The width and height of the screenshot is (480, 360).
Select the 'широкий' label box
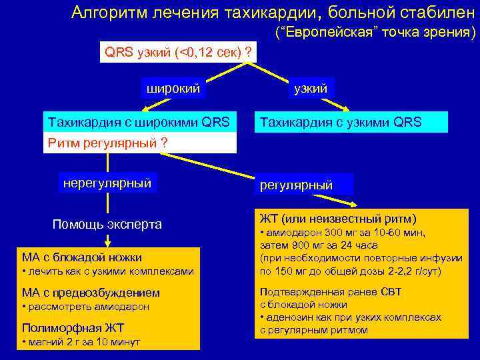click(173, 88)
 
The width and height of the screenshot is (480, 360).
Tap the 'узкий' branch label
click(311, 88)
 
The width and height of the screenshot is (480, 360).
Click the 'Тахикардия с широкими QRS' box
click(139, 122)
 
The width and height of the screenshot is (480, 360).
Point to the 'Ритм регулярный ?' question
click(107, 143)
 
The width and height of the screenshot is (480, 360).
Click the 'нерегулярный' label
click(107, 183)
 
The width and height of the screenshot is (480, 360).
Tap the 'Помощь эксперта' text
click(107, 224)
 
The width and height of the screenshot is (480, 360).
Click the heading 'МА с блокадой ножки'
click(82, 257)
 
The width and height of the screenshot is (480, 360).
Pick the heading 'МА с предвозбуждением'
click(91, 293)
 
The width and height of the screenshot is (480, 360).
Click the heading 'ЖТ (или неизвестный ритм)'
click(338, 219)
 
